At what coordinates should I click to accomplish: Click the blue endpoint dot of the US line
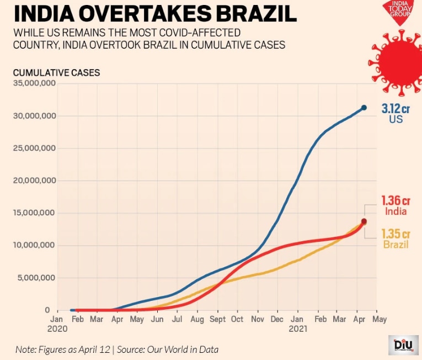(364, 108)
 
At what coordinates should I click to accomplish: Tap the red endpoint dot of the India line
(364, 221)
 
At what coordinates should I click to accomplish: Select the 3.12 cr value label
(396, 109)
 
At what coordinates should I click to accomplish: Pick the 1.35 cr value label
(396, 234)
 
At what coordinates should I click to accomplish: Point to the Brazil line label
(396, 244)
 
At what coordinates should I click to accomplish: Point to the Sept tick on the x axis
(217, 319)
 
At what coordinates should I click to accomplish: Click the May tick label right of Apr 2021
(379, 319)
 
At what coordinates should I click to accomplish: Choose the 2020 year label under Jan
(57, 328)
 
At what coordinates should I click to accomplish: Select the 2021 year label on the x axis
(298, 328)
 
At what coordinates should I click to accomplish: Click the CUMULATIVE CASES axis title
(56, 72)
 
